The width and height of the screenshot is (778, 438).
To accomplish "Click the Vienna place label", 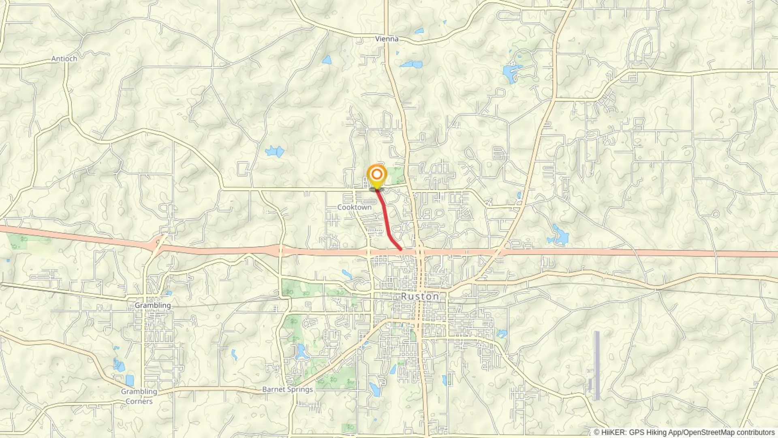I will pyautogui.click(x=387, y=39).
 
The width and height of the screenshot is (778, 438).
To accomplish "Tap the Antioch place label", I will pyautogui.click(x=64, y=59).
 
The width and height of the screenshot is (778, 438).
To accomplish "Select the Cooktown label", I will pyautogui.click(x=354, y=207).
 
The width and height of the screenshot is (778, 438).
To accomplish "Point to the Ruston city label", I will pyautogui.click(x=420, y=296).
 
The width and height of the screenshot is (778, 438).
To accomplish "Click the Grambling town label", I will pyautogui.click(x=152, y=305).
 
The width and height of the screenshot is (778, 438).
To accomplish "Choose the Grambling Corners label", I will pyautogui.click(x=139, y=396).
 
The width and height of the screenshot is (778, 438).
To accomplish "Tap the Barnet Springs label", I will pyautogui.click(x=287, y=389).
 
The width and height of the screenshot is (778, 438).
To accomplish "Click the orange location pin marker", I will pyautogui.click(x=377, y=175).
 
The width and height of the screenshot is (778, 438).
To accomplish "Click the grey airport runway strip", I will pyautogui.click(x=597, y=365).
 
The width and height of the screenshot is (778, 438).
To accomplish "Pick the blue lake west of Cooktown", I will pyautogui.click(x=275, y=152).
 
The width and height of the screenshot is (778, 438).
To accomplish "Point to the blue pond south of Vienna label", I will pyautogui.click(x=412, y=64).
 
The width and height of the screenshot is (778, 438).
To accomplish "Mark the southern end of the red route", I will pyautogui.click(x=401, y=249).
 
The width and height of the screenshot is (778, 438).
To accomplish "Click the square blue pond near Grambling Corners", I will pyautogui.click(x=130, y=380).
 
